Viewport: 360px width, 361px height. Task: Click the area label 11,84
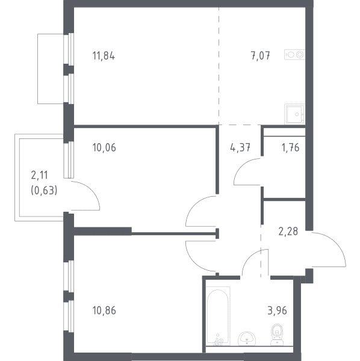coord(104,56)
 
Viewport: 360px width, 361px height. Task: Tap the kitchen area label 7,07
coord(260,56)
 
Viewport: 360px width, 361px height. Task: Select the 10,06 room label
coord(104,147)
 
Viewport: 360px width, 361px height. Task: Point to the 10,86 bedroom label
coord(104,310)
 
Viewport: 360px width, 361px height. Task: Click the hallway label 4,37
coord(240,147)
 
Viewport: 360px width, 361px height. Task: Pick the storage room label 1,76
coord(290,147)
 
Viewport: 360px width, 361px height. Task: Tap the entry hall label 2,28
coord(288,232)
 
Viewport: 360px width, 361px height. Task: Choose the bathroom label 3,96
coord(277,310)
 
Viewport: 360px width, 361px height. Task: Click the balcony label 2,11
coord(39,175)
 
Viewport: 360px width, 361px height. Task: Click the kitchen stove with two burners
coord(294,55)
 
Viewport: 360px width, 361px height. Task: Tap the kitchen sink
coord(294,114)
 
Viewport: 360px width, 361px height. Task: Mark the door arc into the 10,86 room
coord(193,262)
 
